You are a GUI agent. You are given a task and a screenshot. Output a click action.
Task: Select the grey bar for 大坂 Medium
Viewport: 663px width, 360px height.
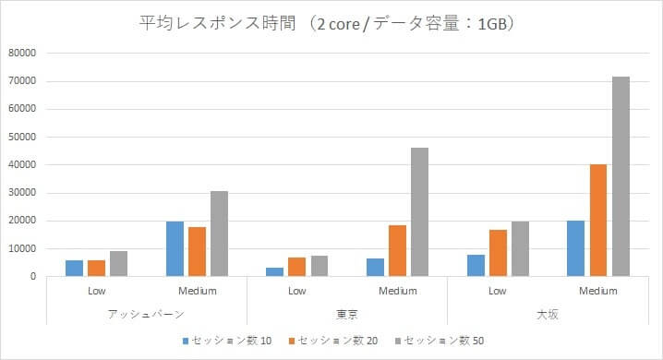620,176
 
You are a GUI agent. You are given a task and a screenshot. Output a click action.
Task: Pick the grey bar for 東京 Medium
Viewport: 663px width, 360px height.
419,211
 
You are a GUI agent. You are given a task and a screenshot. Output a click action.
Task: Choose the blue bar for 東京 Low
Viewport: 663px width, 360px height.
274,271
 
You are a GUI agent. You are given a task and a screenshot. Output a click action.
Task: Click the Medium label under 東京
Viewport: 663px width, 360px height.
397,292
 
